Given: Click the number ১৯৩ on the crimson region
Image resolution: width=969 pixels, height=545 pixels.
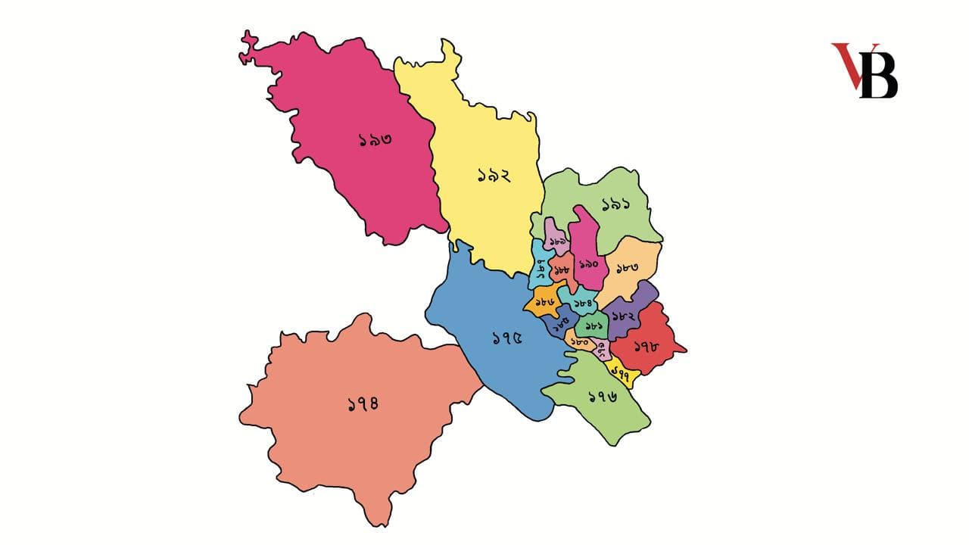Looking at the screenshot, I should pyautogui.click(x=375, y=140).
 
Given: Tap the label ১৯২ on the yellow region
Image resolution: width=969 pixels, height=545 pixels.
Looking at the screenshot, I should pyautogui.click(x=494, y=176).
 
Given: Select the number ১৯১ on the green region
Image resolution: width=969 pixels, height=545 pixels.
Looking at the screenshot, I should pyautogui.click(x=617, y=204).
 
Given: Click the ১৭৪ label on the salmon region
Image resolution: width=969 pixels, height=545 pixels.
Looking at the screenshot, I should pyautogui.click(x=363, y=403).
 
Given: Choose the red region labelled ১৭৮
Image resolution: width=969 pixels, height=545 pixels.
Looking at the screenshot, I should pyautogui.click(x=645, y=347).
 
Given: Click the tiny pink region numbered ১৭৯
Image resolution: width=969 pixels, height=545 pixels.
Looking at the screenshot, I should pyautogui.click(x=602, y=349).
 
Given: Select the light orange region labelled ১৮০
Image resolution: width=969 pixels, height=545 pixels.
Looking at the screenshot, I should pyautogui.click(x=581, y=342).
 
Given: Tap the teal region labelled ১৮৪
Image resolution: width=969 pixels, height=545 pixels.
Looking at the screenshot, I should pyautogui.click(x=582, y=304).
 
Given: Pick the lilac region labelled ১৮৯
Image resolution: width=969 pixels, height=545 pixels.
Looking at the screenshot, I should pyautogui.click(x=559, y=241).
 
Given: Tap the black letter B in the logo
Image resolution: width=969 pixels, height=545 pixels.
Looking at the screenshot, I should pyautogui.click(x=879, y=76).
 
